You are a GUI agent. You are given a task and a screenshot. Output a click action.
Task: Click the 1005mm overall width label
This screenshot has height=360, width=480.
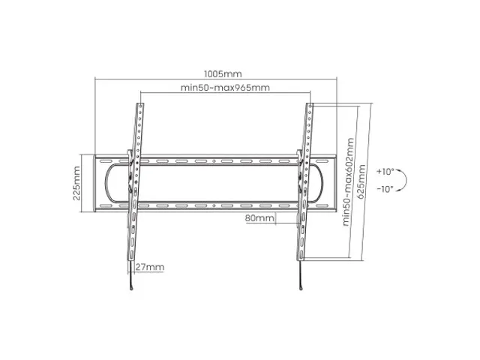pos(223,74)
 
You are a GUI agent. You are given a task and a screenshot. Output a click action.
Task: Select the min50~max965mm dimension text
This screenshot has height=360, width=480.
pos(225,88)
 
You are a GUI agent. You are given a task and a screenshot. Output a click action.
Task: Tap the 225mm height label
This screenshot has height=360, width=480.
pos(76,183)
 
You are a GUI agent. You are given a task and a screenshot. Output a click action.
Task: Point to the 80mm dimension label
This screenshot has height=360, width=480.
pos(259,218)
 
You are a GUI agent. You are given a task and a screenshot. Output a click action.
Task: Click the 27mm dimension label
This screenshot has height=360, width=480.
pos(150,267)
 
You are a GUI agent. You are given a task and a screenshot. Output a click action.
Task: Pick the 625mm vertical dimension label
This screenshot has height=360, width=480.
pos(361,181)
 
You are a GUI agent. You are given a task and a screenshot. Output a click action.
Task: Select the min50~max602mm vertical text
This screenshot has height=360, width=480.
pos(348,181)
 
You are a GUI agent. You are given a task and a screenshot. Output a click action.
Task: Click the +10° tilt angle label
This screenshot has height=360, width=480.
pos(385,172)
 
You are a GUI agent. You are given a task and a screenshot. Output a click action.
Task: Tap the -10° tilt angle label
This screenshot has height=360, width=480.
pos(385,189)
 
